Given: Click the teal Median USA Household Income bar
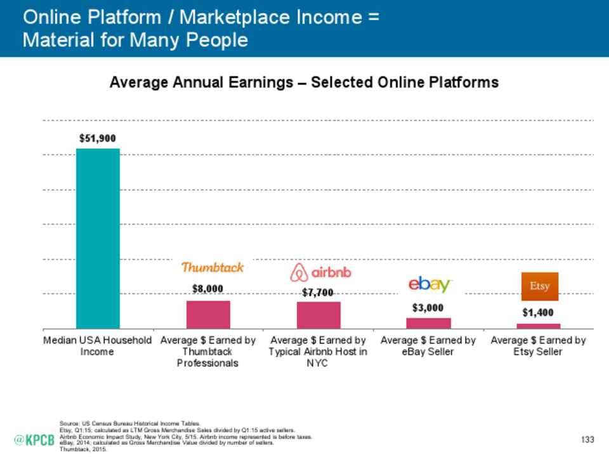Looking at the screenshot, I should point(98,238).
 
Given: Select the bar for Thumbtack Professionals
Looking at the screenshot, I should point(208,314).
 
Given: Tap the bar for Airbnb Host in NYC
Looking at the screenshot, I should point(318,315).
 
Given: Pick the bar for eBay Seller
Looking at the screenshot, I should point(428,322).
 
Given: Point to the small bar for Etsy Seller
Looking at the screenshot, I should point(538,326).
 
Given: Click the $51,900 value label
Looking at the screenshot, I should point(98,138).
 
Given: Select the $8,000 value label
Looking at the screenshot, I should point(208,288).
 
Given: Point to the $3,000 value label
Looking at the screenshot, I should point(428,308).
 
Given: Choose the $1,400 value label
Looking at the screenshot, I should point(538,312).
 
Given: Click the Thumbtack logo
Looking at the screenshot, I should point(213,267).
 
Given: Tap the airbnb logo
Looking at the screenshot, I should point(320,273).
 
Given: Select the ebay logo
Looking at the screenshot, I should point(430,285).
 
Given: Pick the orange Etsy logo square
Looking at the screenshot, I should point(540,286).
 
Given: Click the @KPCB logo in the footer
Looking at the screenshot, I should point(35,440).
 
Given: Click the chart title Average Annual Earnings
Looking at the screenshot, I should point(304,83).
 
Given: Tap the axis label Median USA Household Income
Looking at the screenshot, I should point(98,346).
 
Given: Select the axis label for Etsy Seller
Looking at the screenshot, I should point(538,346).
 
